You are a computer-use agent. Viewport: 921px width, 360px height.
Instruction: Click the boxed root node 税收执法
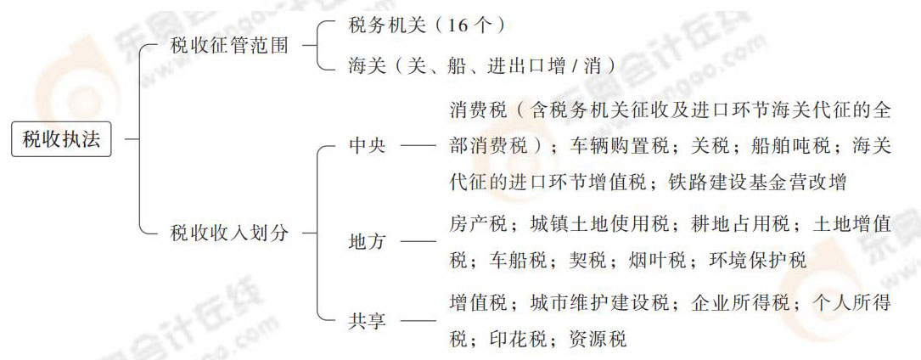click(62, 138)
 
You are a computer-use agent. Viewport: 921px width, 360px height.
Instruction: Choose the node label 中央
click(368, 145)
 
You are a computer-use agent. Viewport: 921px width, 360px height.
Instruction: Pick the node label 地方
click(368, 241)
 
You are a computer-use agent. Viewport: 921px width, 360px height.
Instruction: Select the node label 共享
click(368, 322)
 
